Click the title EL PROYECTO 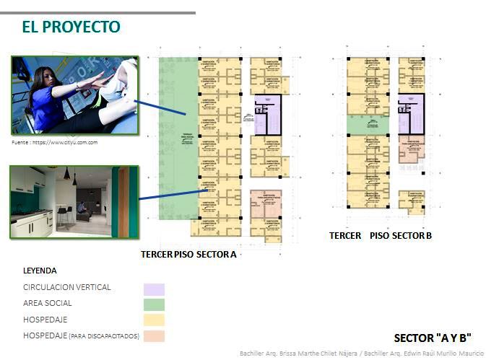point(71,27)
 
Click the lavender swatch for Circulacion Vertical point(153,289)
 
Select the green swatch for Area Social point(153,304)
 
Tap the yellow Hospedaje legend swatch point(153,320)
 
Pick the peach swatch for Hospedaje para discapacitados point(153,335)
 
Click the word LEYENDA point(40,271)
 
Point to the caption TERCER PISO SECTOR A point(189,255)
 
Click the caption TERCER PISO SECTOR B point(381,236)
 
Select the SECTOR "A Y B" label point(433,337)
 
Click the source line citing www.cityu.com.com point(55,143)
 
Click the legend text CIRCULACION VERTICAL point(67,287)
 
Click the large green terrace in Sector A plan point(177,137)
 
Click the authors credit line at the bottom point(361,354)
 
